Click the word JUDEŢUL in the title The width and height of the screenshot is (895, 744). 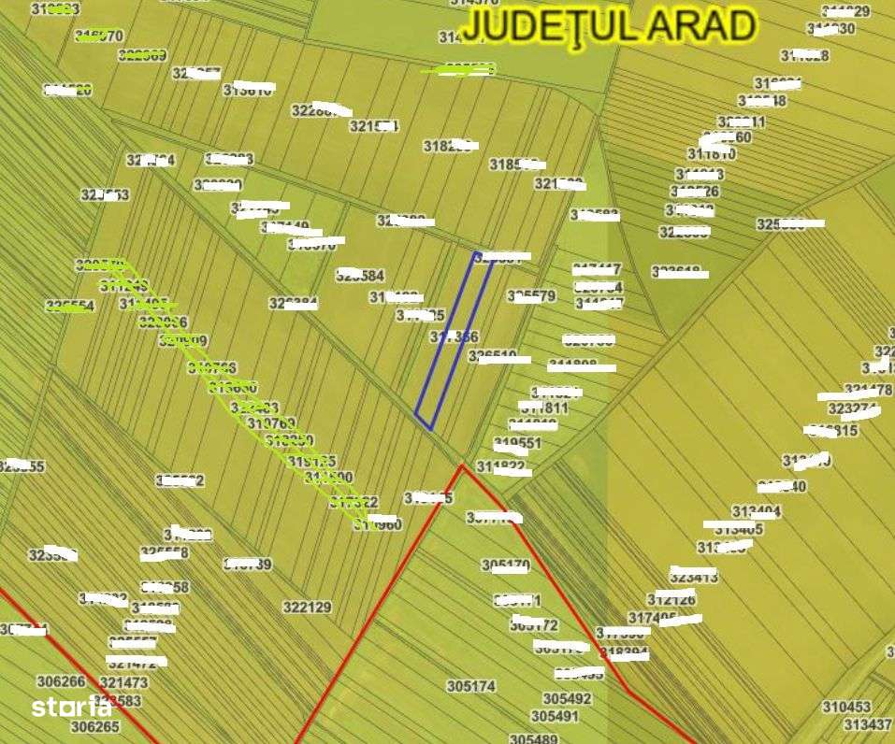point(541,26)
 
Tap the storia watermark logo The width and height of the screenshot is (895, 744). point(72,708)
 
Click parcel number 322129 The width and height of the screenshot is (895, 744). point(307,608)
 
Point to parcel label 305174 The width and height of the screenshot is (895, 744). point(470,686)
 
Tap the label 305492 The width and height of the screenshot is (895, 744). point(567,698)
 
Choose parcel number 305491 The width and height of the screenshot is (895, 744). point(556,716)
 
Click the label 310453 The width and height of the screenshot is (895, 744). point(846,707)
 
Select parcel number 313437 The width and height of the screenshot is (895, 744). point(867,724)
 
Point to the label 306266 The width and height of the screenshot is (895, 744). point(61,681)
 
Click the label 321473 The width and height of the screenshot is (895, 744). point(123,683)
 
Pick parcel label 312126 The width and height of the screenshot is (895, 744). point(671,599)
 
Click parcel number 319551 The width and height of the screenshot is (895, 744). point(517,443)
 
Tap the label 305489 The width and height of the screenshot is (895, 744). point(533,738)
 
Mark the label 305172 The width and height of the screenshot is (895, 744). point(534,624)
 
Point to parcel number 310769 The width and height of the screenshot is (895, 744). point(271,423)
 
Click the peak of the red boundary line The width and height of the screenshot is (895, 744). point(463,465)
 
